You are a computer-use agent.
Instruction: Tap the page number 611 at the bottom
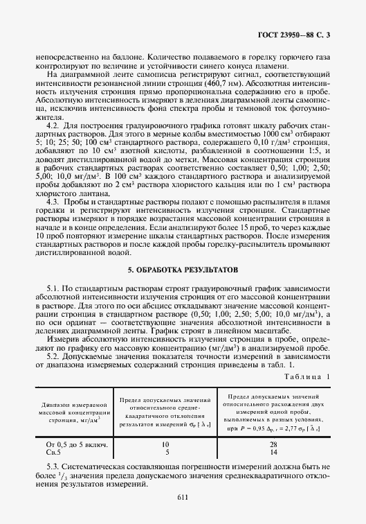point(183,496)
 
